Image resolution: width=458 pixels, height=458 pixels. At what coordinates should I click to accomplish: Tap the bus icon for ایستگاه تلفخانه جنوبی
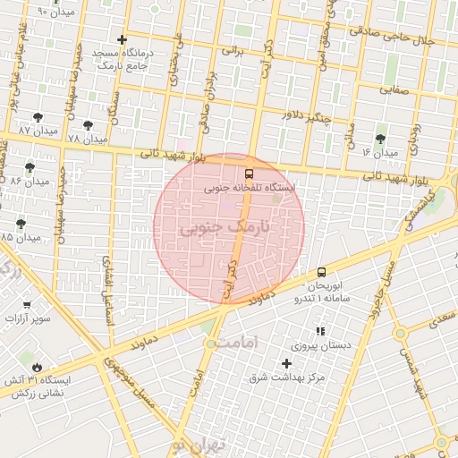pyautogui.click(x=249, y=174)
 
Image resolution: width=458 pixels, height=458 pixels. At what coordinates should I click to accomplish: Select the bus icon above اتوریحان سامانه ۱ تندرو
pyautogui.click(x=321, y=272)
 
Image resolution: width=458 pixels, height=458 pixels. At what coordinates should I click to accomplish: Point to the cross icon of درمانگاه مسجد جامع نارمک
pyautogui.click(x=122, y=39)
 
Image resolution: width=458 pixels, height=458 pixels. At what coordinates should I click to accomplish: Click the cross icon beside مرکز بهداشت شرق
pyautogui.click(x=286, y=362)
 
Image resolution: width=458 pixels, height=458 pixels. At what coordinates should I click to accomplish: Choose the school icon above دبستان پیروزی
pyautogui.click(x=320, y=332)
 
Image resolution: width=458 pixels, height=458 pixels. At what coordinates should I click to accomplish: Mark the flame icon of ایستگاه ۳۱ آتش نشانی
pyautogui.click(x=37, y=367)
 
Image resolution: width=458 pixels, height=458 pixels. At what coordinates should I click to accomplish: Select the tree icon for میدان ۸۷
pyautogui.click(x=37, y=117)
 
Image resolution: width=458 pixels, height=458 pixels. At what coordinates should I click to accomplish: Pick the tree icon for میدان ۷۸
pyautogui.click(x=87, y=126)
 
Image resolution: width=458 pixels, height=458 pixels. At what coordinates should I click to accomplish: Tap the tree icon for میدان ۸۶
pyautogui.click(x=30, y=167)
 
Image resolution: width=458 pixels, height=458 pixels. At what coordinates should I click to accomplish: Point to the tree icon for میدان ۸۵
pyautogui.click(x=21, y=224)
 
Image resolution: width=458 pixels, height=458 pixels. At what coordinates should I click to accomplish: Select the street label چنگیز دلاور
pyautogui.click(x=306, y=116)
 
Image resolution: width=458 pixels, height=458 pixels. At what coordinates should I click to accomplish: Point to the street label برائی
pyautogui.click(x=232, y=52)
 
